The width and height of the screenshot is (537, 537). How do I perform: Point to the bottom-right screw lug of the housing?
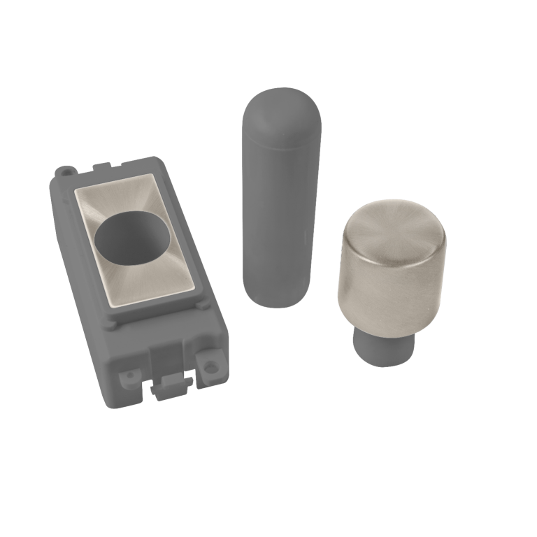tap(208, 364)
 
